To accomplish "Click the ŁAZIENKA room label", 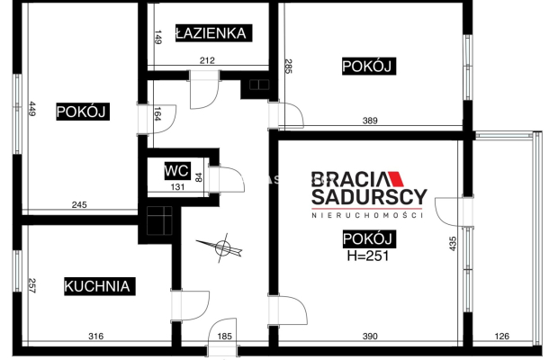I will click(212, 33).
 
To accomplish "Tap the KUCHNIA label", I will click(99, 287).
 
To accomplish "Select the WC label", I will click(175, 170).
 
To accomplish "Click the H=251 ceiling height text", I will click(369, 256).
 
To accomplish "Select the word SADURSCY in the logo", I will click(369, 196).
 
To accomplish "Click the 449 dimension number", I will click(31, 111).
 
